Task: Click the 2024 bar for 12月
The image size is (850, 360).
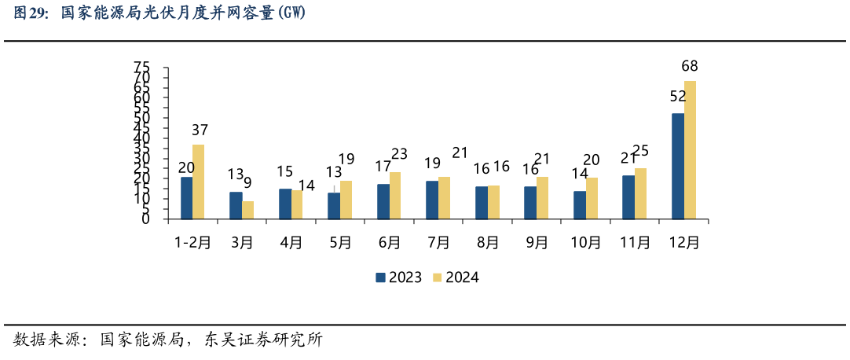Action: click(x=690, y=150)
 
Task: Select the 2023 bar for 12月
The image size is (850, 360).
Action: click(x=677, y=166)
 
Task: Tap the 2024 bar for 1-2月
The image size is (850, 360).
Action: click(x=199, y=182)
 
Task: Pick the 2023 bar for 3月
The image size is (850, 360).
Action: click(x=236, y=205)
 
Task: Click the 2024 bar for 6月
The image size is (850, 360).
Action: click(x=395, y=196)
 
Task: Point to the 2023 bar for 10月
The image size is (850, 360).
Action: click(x=579, y=205)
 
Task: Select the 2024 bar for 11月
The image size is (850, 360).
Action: click(x=640, y=193)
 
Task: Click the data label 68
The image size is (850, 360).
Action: click(x=690, y=66)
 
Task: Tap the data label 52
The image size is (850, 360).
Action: click(x=677, y=96)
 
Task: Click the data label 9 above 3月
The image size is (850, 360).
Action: click(x=248, y=183)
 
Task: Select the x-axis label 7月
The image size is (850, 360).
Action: click(x=438, y=243)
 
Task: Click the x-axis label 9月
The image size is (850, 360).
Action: click(x=537, y=243)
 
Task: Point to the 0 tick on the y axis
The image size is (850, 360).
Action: click(x=145, y=220)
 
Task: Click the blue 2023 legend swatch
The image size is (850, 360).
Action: click(x=380, y=277)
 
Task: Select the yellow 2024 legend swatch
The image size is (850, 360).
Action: click(x=438, y=277)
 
